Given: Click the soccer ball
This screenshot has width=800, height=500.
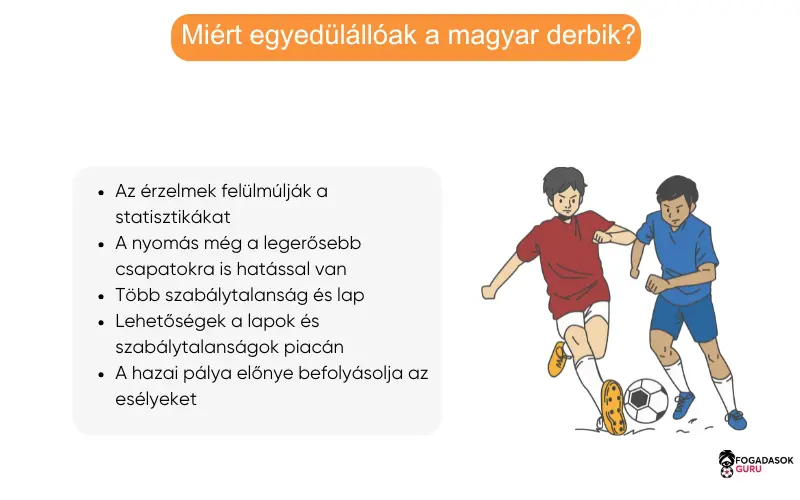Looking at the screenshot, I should point(646,400).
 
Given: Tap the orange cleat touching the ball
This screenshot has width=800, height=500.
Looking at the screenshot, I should point(612,406).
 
